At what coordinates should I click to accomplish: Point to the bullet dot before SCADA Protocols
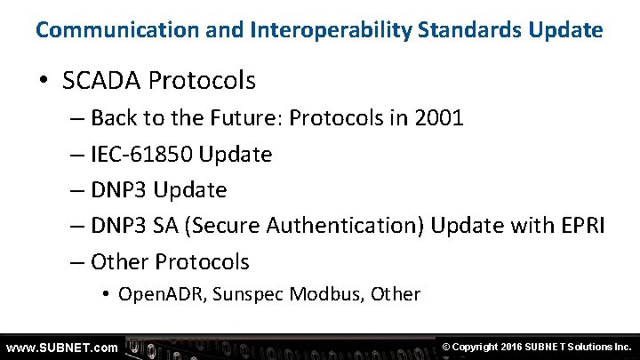[44, 82]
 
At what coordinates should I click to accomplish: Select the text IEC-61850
[142, 155]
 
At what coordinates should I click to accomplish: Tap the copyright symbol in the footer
[446, 347]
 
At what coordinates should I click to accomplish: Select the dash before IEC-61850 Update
[76, 155]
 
